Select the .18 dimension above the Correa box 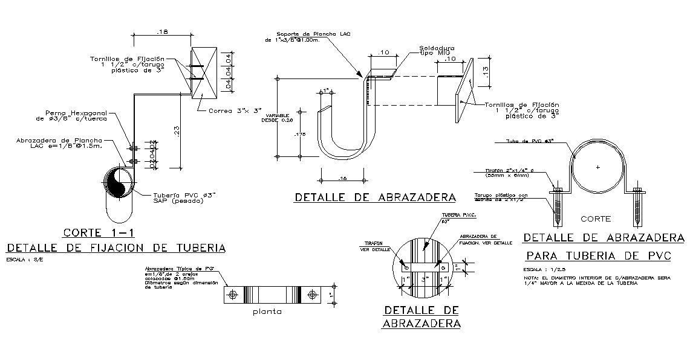point(161,31)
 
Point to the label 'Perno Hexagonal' point(77,115)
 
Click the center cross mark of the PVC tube point(597,167)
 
